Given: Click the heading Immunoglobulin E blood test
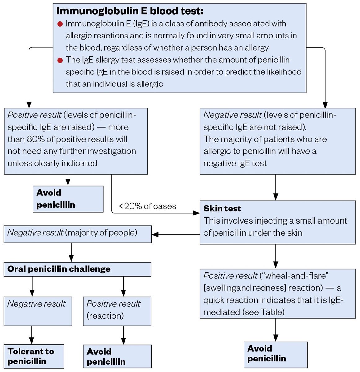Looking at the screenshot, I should (130, 11).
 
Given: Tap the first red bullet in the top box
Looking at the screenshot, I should (60, 24).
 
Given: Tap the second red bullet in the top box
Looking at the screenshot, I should (60, 60).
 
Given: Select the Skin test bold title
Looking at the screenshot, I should (222, 209).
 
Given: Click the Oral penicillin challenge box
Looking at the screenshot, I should (77, 269).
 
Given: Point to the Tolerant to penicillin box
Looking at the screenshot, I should (34, 356).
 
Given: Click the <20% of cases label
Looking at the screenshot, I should (147, 206).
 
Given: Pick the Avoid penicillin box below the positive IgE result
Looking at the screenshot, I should (68, 199).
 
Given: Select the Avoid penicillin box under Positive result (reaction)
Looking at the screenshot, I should (117, 356).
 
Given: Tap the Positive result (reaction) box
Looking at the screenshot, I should (117, 311).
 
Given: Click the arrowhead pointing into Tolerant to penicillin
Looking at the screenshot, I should (32, 341).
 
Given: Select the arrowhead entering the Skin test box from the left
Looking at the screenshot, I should (196, 213).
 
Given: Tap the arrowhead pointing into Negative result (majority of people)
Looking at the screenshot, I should (155, 235).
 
